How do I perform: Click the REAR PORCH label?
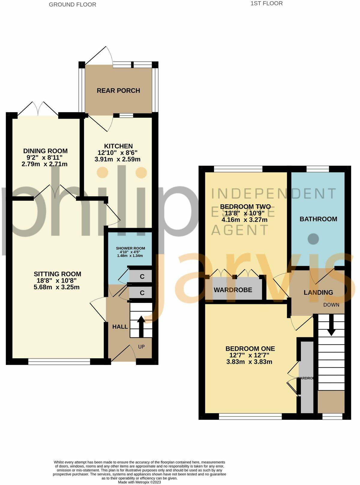point(118,91)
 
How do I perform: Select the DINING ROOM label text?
point(45,151)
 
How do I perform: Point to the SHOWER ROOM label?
point(130,248)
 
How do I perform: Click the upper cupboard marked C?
point(142,276)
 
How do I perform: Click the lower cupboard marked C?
point(142,293)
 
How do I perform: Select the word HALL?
point(120,327)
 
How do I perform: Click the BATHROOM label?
point(318,219)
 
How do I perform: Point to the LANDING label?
point(318,292)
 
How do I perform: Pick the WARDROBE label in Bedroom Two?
point(233,290)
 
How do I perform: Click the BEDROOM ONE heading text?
point(250,349)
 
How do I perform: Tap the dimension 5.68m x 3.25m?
point(57,287)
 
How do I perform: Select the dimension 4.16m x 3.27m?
point(244,220)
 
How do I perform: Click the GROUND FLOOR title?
point(73,5)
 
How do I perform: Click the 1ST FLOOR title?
point(267,4)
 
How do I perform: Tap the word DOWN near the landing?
point(331,305)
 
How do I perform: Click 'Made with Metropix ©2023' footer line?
point(139,482)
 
